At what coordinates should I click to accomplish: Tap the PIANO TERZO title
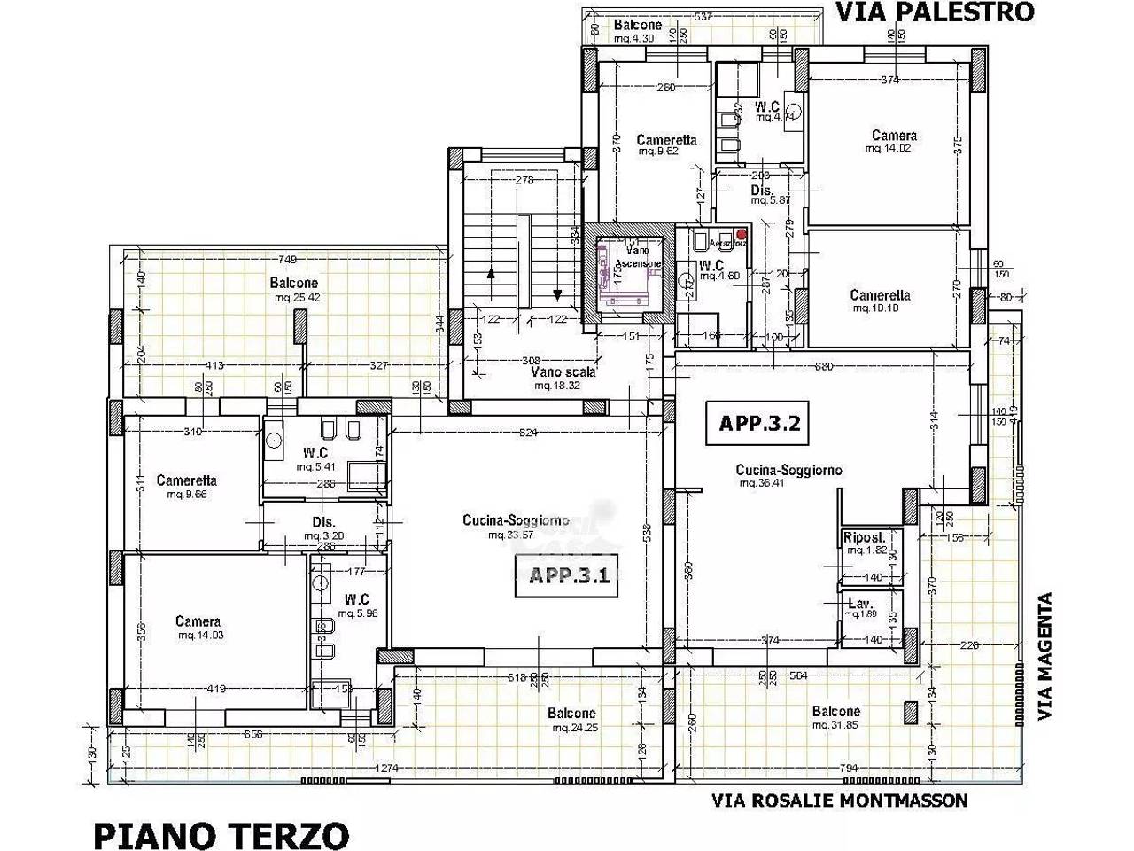point(221,834)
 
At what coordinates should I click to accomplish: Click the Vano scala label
point(556,372)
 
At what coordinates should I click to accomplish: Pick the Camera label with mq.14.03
point(198,621)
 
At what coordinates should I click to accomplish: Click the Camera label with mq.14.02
point(893,136)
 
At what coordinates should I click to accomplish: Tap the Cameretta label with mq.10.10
point(879,295)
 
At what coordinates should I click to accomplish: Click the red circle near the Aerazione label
point(742,234)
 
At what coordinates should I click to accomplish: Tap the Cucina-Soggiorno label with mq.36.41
point(788,471)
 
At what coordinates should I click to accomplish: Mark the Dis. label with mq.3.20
point(322,523)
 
